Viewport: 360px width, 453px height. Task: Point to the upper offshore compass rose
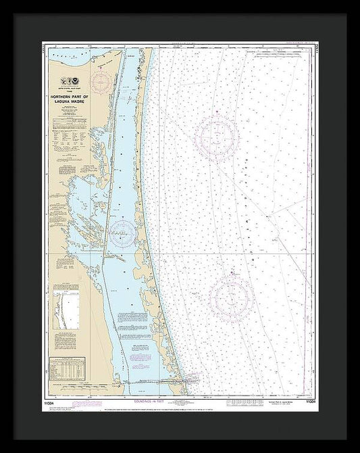click(216, 138)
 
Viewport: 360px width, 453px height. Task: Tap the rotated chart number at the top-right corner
click(314, 51)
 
